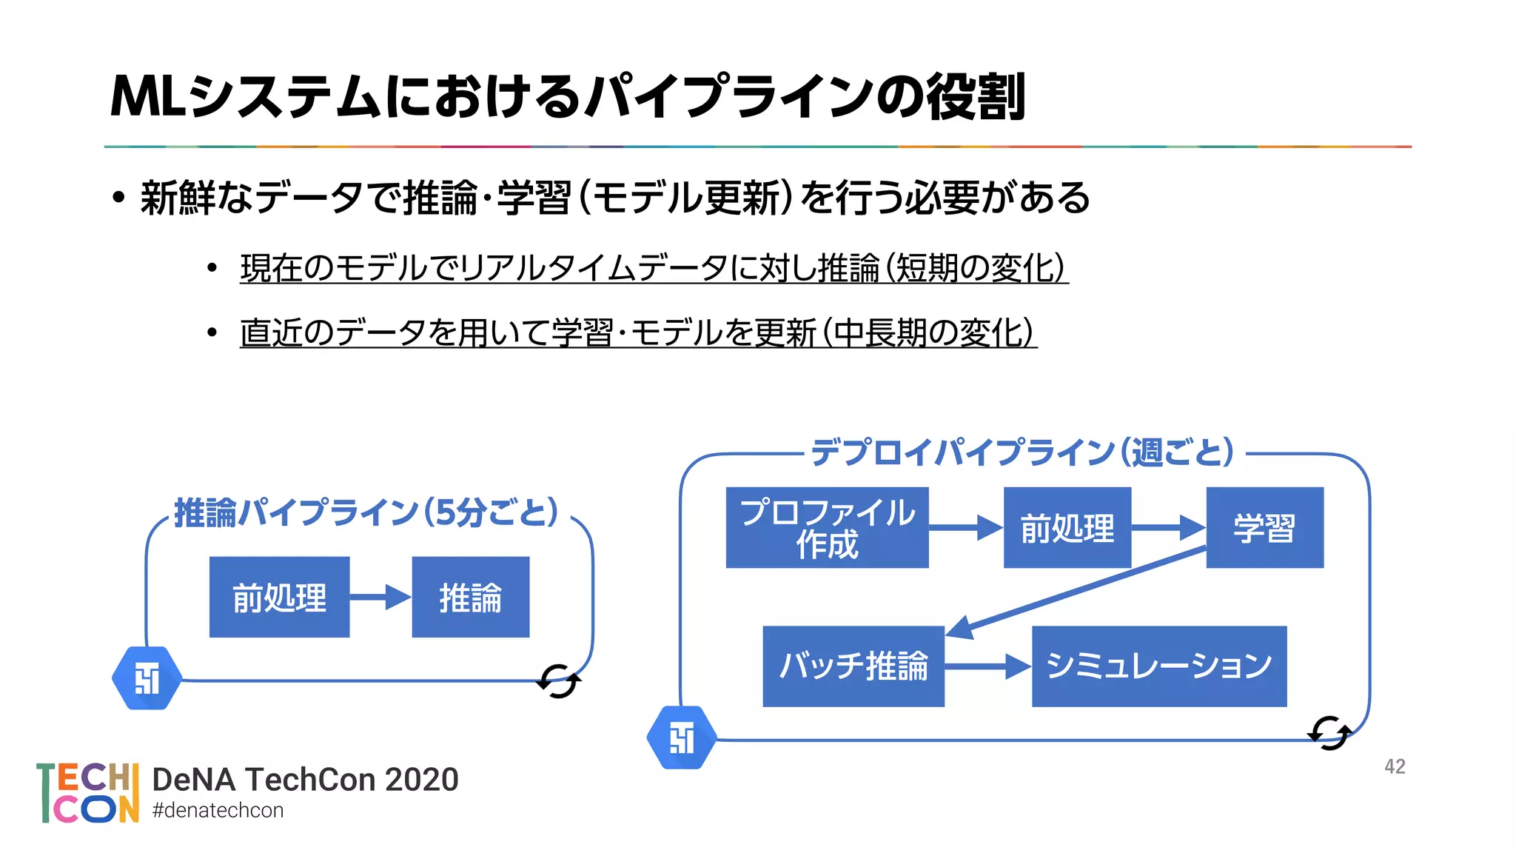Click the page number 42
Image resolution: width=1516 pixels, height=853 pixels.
pos(1395,766)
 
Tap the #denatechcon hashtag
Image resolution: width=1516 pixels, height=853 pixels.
pos(218,811)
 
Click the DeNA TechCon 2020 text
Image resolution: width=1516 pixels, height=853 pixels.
pos(305,780)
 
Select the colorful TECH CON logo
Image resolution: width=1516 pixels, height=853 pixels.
pos(88,793)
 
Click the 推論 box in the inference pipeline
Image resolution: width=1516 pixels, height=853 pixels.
pos(470,598)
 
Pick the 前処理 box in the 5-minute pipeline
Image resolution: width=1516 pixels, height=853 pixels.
pos(279,598)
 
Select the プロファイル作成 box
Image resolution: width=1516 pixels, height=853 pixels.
pos(827,528)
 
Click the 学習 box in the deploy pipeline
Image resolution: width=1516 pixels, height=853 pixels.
pos(1264,528)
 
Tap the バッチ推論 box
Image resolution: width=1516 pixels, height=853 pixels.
pos(853,666)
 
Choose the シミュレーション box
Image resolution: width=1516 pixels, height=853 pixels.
pos(1158,666)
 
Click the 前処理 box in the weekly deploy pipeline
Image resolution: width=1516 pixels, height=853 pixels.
pos(1067,528)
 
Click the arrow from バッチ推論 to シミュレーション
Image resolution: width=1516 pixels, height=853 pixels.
pos(987,666)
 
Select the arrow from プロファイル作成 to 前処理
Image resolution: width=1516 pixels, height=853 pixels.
pos(965,528)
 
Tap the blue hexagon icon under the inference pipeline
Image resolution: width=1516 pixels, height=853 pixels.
pos(147,678)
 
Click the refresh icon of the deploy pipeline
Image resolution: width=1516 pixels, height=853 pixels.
pos(1329,733)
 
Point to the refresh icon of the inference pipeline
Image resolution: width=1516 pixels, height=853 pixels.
pos(558,681)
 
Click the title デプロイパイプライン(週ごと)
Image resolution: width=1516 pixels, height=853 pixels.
pos(1022,452)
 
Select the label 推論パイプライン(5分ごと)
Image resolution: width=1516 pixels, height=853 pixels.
pos(366,512)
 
